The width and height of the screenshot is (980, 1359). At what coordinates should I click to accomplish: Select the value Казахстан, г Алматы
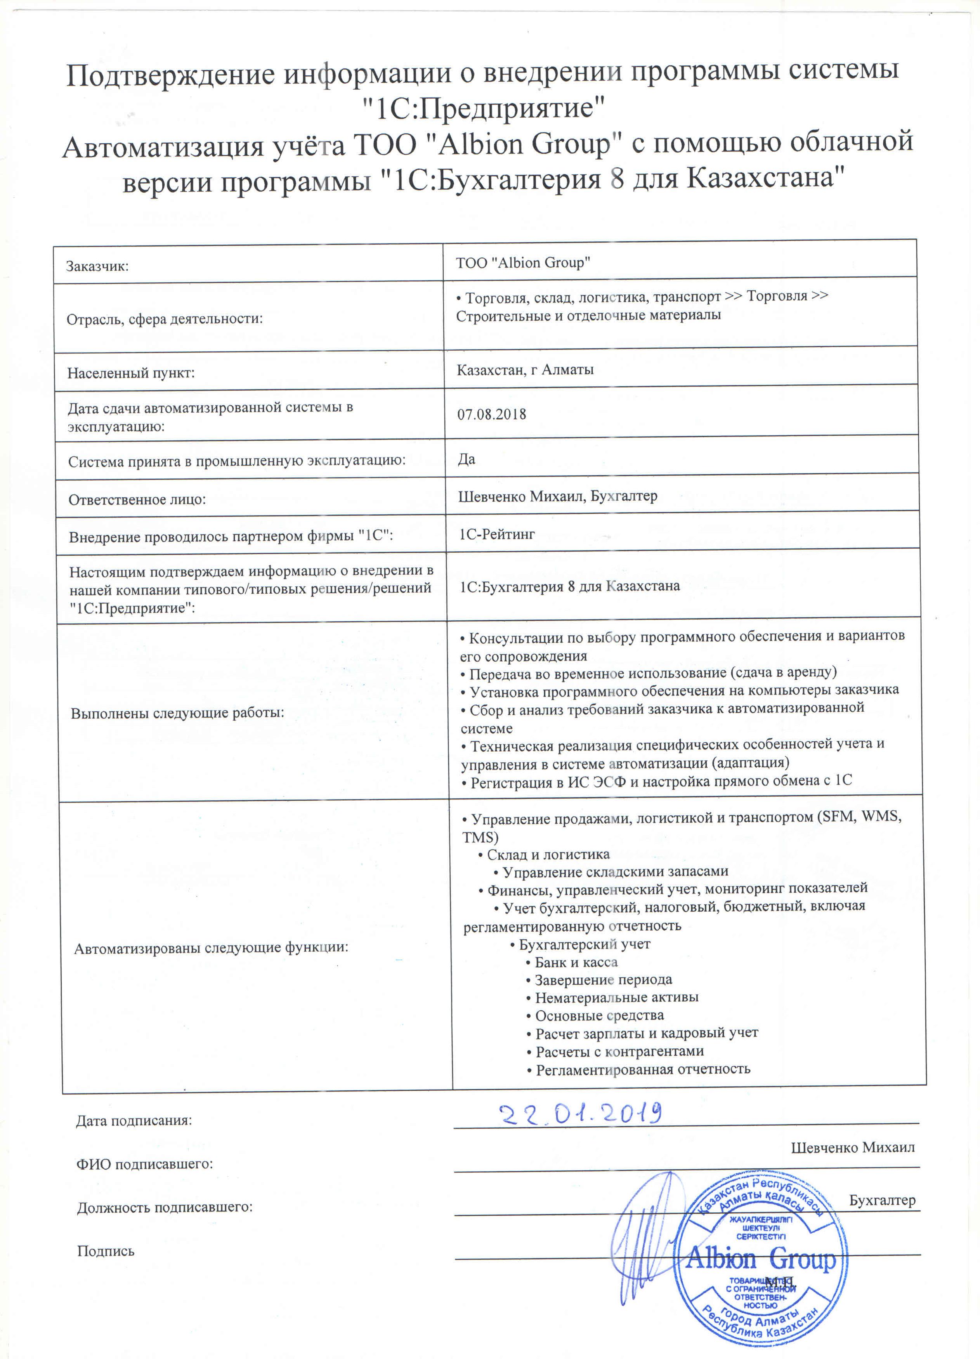525,370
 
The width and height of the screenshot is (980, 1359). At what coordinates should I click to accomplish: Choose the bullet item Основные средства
599,1016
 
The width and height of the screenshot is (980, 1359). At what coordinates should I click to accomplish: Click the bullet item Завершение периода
603,980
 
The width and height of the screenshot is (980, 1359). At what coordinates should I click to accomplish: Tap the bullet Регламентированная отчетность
643,1069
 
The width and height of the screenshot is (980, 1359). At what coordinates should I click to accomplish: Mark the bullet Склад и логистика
548,855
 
